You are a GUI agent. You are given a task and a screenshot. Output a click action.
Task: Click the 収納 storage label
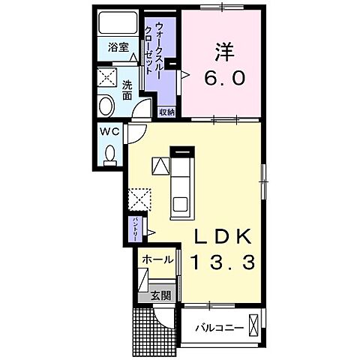(166, 111)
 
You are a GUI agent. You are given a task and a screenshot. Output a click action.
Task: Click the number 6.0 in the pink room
(224, 78)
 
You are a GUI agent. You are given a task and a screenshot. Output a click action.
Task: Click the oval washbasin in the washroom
(106, 105)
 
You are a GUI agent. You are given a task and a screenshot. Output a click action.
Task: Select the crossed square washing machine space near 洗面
(104, 78)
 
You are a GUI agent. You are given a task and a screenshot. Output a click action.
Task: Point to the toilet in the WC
(109, 154)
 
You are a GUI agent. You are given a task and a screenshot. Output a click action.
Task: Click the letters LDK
(223, 235)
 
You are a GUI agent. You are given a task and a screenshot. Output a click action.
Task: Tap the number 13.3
(223, 262)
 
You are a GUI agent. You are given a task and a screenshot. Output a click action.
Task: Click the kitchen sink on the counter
(181, 202)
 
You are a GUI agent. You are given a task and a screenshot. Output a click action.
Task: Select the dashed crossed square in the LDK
(139, 200)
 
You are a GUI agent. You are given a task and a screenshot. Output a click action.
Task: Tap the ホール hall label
(157, 259)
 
